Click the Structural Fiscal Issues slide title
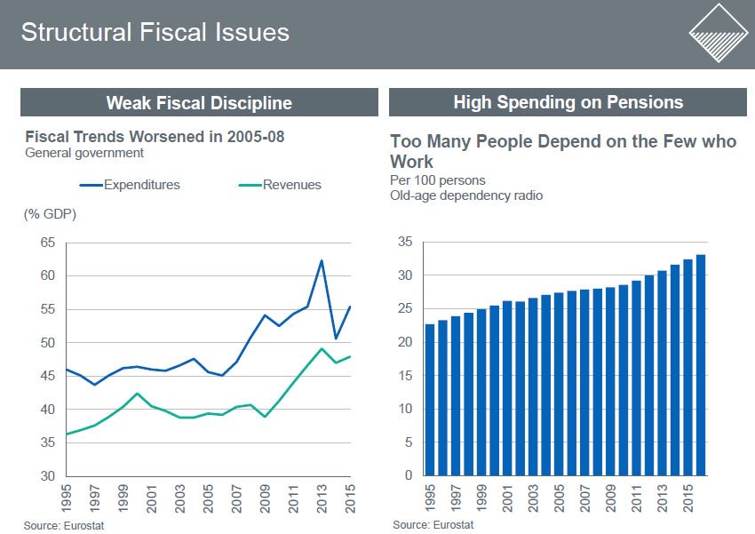155,33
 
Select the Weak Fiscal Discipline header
199,102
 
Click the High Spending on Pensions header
568,102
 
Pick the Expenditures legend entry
141,185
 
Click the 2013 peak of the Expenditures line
321,260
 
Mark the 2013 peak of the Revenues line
321,348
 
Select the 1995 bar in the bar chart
430,400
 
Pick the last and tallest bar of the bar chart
701,365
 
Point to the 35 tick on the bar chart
405,242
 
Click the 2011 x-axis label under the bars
636,499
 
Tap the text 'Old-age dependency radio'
466,195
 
